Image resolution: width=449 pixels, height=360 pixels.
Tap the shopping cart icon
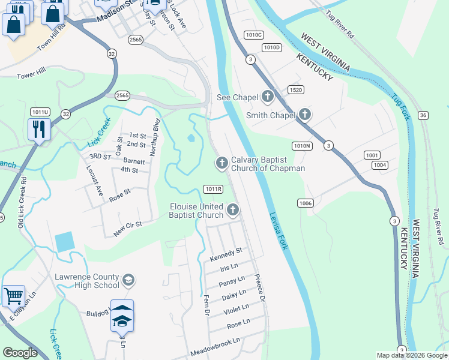[13, 295]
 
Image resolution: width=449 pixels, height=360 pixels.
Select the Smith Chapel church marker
[305, 114]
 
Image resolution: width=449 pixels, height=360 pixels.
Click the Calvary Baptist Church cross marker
[221, 162]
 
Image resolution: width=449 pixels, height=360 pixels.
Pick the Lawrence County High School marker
[128, 280]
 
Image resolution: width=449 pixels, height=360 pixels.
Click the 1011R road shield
[213, 188]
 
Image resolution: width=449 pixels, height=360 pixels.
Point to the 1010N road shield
[302, 146]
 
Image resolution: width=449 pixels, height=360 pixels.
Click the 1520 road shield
[295, 89]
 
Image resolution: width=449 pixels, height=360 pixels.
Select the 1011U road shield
[40, 112]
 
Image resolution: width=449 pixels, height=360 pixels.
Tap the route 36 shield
[423, 115]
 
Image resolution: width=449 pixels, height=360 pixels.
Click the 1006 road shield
[305, 204]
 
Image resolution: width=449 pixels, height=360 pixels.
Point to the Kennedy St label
[226, 254]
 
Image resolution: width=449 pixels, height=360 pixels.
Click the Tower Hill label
[31, 76]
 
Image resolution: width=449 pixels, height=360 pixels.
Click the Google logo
[20, 353]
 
